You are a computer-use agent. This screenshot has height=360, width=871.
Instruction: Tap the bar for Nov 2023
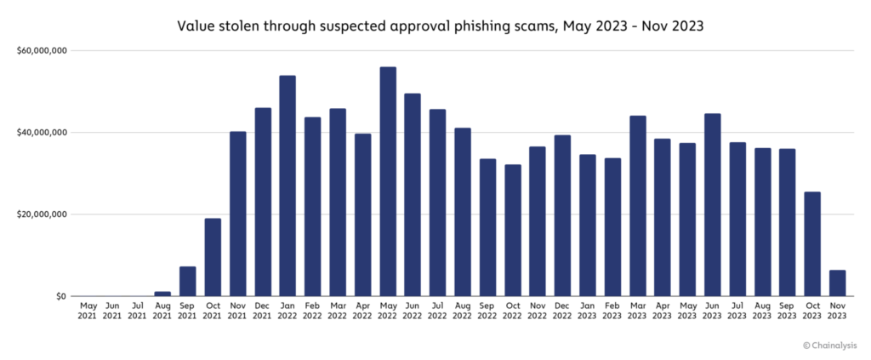point(838,283)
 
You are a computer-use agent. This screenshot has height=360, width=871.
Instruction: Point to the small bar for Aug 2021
point(162,294)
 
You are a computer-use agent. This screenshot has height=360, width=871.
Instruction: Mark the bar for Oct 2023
point(812,243)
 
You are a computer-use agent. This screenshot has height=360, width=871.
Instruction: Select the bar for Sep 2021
point(188,281)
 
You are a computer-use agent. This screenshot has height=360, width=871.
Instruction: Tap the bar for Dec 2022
point(562,215)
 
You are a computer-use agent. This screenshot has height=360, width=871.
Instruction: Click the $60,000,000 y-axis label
point(42,51)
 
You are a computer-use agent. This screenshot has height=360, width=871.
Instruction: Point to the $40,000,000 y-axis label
point(42,133)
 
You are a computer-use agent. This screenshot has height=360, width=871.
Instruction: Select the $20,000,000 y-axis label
point(42,214)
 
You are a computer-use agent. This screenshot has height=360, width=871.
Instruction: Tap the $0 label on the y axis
point(60,296)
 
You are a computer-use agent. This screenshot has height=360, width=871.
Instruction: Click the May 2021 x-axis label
point(88,309)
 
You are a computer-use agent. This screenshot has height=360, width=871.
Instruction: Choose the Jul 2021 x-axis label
point(138,309)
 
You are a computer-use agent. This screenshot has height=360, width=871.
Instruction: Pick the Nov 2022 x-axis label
point(538,309)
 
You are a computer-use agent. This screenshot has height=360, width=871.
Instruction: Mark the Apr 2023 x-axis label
point(663,309)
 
